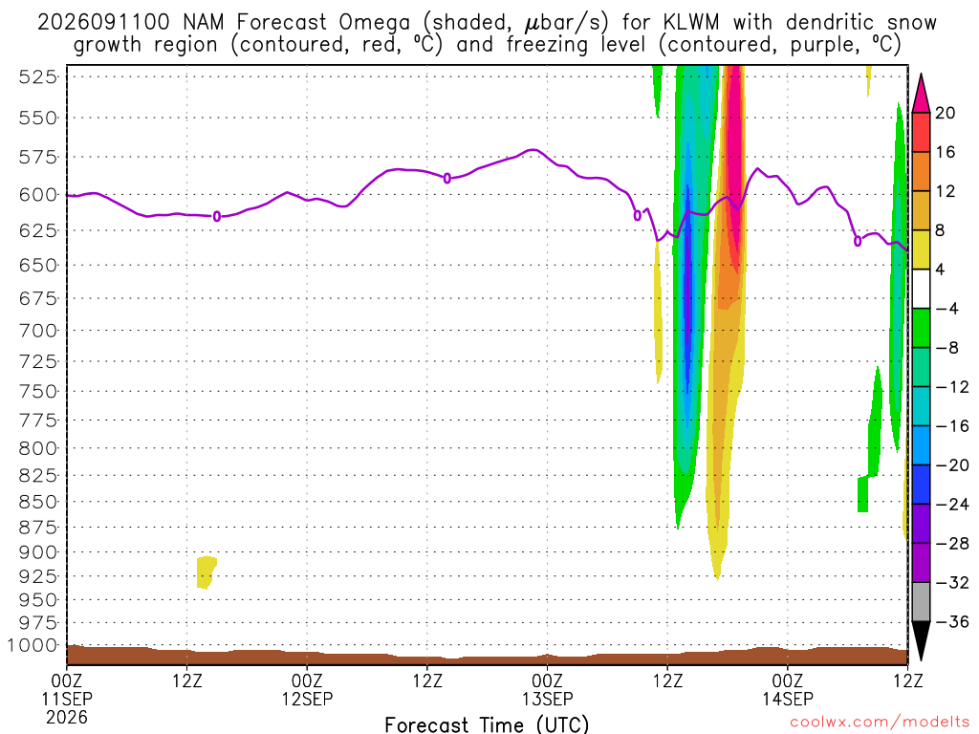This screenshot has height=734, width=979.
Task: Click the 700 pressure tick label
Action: pos(38,330)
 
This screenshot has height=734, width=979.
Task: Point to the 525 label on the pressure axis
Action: pos(38,76)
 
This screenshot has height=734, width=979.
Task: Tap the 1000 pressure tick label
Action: pos(32,645)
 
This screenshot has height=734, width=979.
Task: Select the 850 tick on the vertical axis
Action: pos(38,502)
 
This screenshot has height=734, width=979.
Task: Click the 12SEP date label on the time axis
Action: pos(307,699)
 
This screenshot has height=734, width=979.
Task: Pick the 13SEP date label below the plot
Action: pos(548,699)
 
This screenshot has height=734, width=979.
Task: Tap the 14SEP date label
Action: pos(788,699)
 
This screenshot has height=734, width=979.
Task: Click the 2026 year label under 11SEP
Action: pos(67,718)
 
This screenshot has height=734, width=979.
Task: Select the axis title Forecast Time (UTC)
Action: pos(487,724)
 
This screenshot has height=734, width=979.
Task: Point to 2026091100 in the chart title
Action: pos(103,23)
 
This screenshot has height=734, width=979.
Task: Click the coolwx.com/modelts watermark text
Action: pos(880,723)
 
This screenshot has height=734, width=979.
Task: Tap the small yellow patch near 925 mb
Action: pos(207,572)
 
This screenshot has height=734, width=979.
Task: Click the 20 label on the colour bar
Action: pos(946,113)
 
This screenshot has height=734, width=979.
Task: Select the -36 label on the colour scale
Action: pos(952,621)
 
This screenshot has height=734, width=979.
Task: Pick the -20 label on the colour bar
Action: pos(952,465)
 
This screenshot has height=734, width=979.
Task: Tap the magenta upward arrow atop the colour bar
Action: pos(921,94)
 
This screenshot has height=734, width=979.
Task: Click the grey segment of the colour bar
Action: pos(921,602)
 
